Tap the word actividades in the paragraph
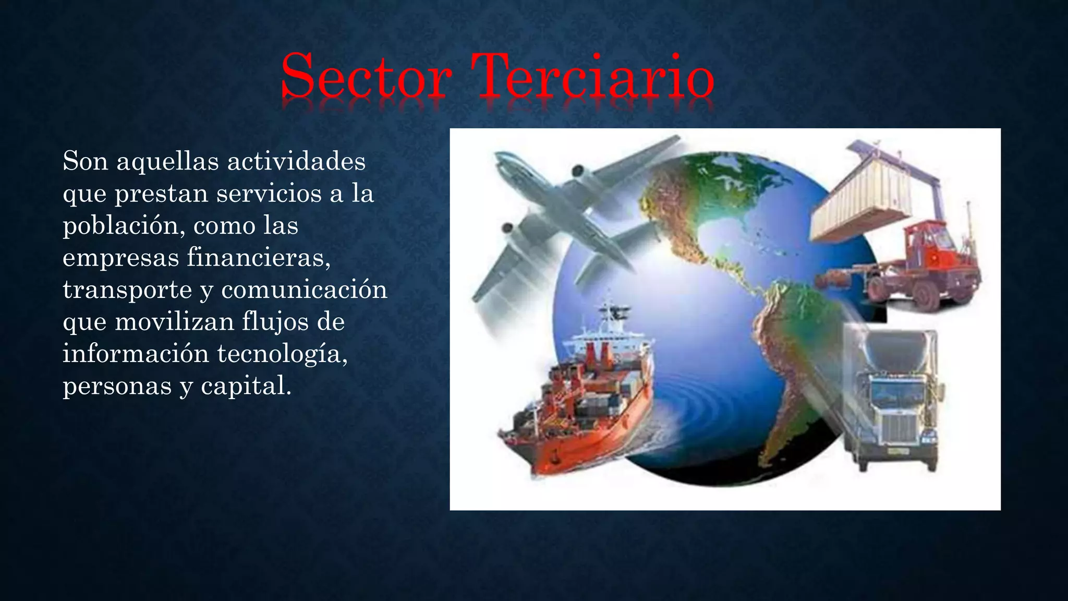pos(296,161)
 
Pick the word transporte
pos(127,290)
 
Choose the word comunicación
pos(305,290)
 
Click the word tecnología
pos(282,354)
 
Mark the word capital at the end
pos(246,386)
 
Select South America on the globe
pos(787,355)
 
